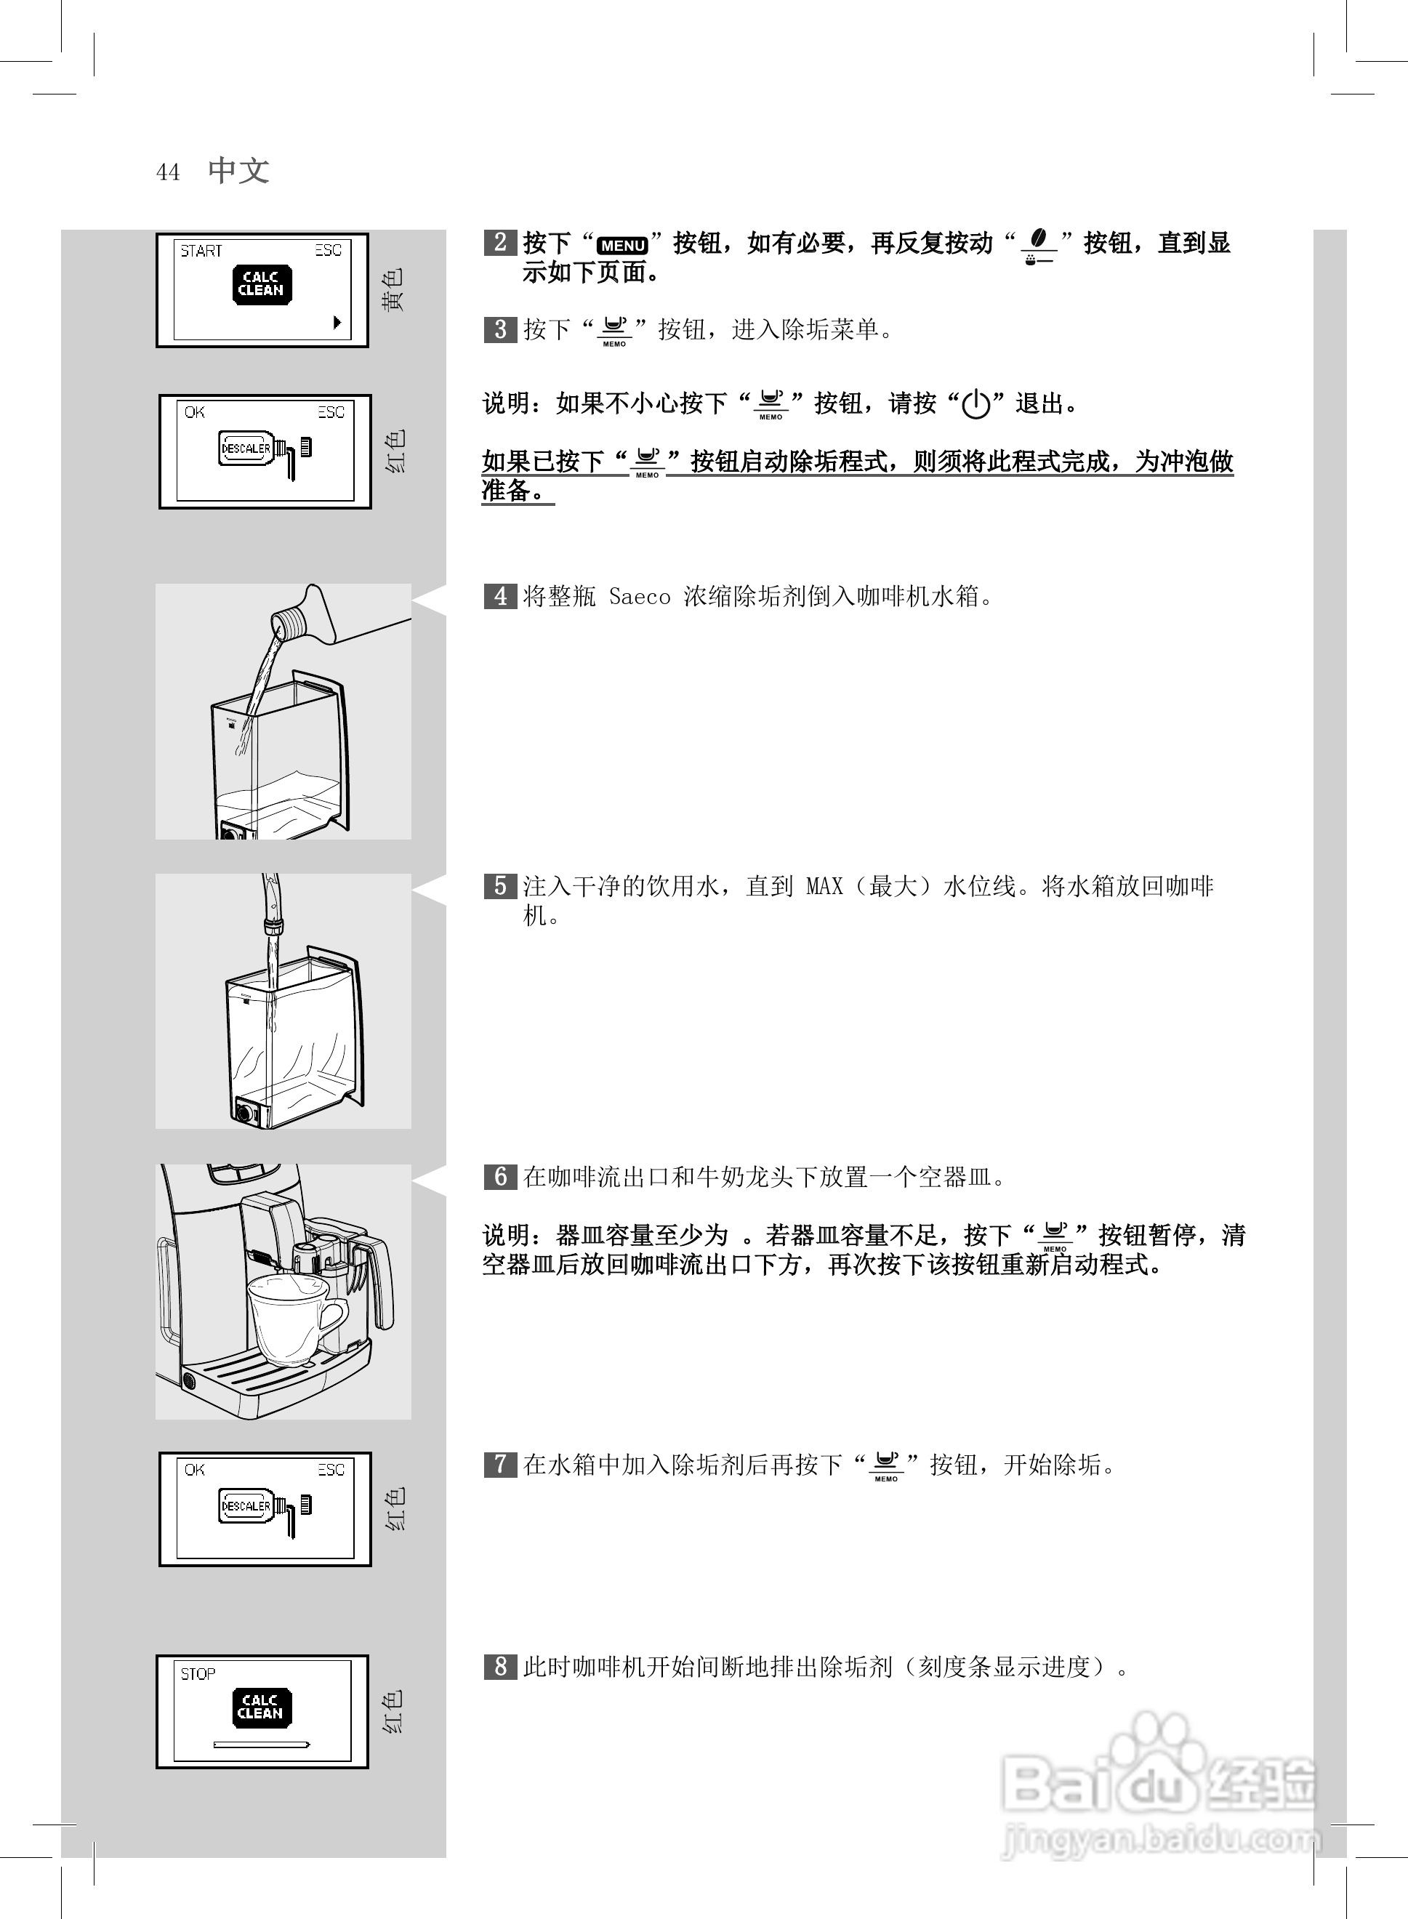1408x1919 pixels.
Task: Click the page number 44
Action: (168, 173)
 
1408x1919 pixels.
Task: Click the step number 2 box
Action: (500, 243)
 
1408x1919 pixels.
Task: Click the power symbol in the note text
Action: (976, 404)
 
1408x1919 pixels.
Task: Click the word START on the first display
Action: (201, 252)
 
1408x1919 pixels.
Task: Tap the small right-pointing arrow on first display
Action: (337, 322)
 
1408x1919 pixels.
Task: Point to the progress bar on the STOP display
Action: (261, 1745)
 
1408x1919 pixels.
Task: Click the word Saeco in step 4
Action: (639, 598)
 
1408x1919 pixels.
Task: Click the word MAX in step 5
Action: (824, 887)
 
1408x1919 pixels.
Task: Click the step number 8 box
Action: (500, 1667)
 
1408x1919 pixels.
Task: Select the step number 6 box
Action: (500, 1178)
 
